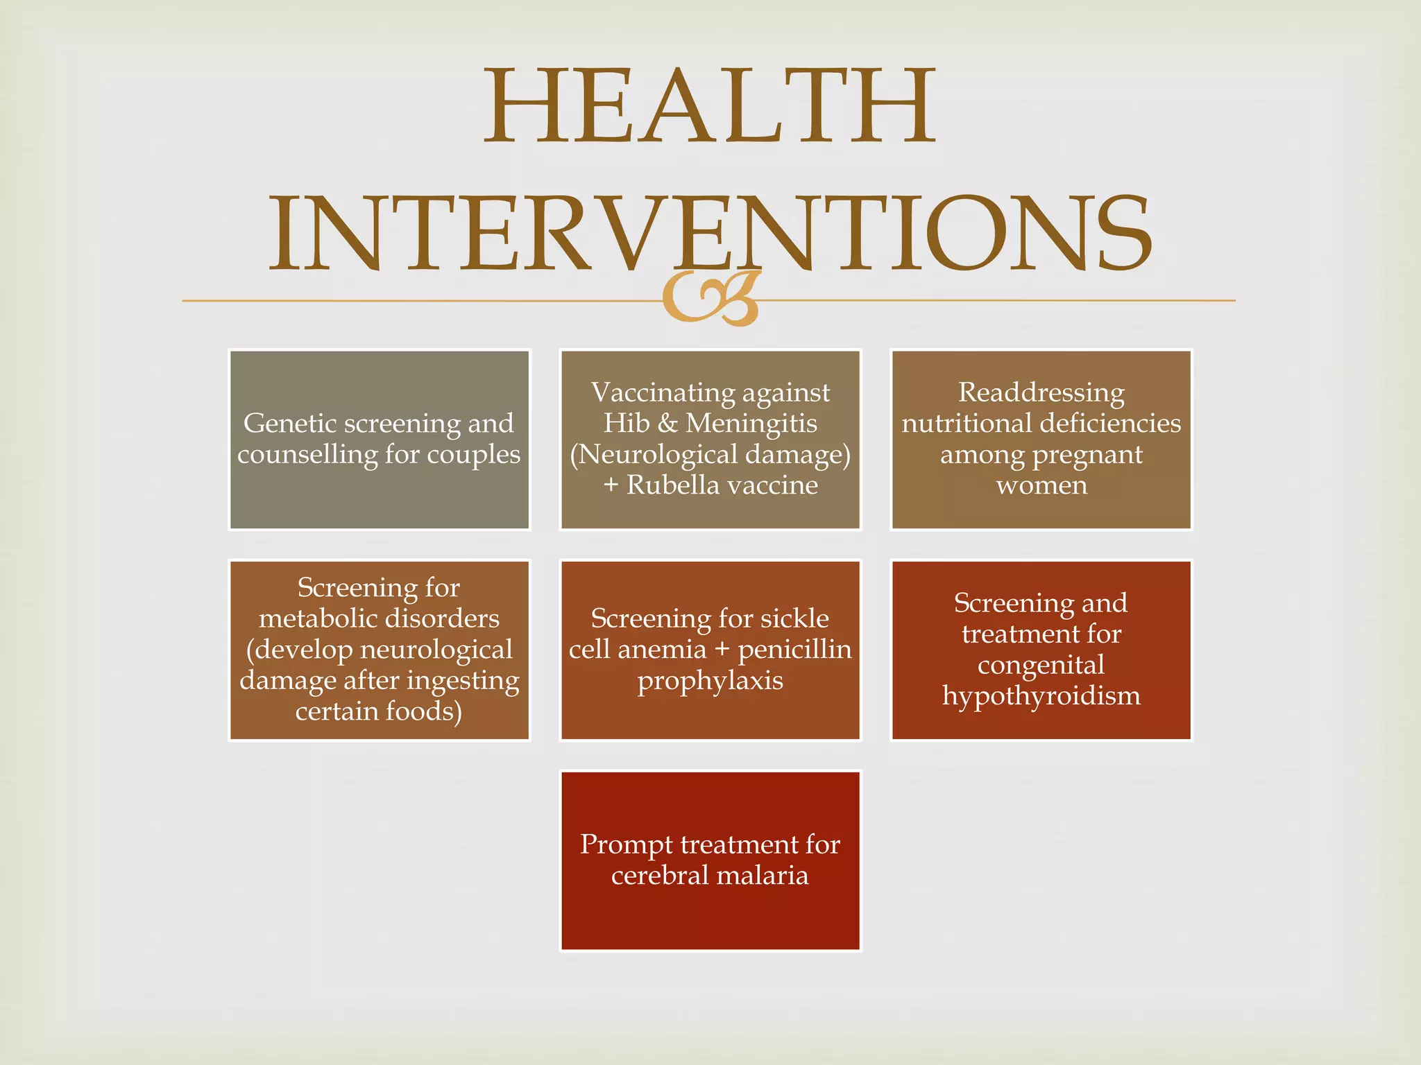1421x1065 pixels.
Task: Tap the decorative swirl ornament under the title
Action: pos(710,300)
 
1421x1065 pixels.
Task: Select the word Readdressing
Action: pos(1041,392)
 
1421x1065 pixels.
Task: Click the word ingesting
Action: pos(463,681)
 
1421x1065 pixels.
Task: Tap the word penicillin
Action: pos(794,650)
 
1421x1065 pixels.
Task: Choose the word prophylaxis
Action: pos(710,681)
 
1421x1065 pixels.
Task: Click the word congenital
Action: pos(1041,666)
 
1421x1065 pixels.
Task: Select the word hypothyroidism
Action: pos(1041,696)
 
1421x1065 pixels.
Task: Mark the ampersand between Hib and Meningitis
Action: pos(667,424)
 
